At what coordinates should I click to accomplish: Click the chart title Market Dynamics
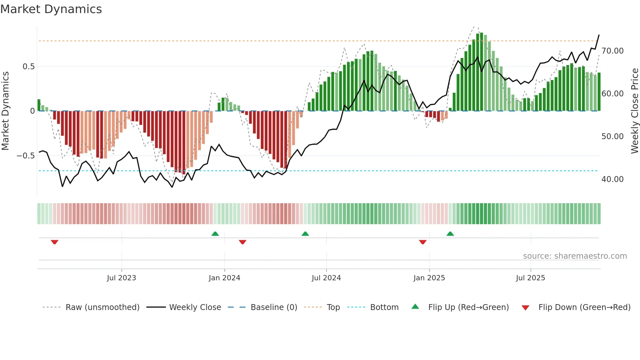coord(51,9)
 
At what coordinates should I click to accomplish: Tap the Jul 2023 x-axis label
coord(121,278)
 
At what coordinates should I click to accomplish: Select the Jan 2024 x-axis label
coord(224,278)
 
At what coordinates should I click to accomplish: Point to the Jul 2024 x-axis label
coord(326,278)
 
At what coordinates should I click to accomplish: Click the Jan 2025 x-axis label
coord(429,278)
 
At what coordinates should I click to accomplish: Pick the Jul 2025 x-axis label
coord(530,278)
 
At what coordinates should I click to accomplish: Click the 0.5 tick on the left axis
coord(28,67)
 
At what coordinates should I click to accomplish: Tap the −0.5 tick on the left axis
coord(26,156)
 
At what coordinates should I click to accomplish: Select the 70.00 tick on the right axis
coord(613,51)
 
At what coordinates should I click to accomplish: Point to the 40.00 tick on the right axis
coord(613,179)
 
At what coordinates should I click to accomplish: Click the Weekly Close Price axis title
coord(634,111)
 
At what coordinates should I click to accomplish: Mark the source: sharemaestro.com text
coord(575,256)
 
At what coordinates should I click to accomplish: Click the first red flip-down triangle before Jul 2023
coord(55,242)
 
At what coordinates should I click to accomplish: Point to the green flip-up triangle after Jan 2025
coord(450,234)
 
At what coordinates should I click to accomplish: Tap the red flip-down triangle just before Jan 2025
coord(423,242)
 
